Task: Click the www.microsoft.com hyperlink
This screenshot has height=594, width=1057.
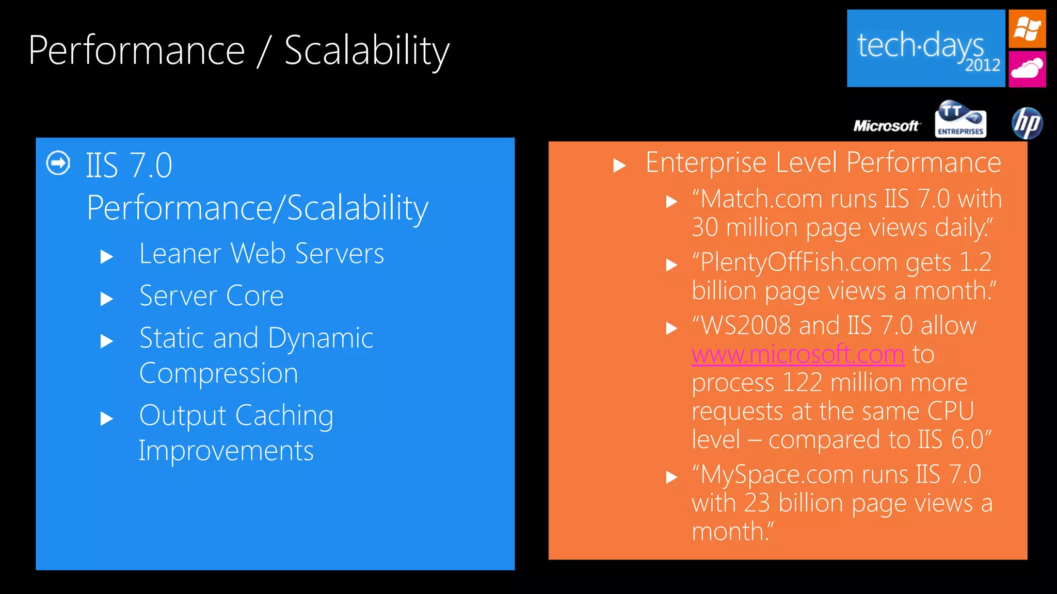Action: tap(798, 355)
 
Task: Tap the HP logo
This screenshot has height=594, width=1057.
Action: tap(1027, 124)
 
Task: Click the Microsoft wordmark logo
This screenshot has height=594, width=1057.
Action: tap(886, 126)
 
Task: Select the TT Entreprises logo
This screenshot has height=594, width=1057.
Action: tap(960, 120)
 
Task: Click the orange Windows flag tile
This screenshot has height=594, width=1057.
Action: tap(1027, 29)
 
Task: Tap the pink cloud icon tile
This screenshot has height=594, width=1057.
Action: tap(1027, 69)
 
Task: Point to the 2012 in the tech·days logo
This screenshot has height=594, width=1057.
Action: tap(983, 65)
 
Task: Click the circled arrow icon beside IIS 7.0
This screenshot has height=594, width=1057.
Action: tap(58, 163)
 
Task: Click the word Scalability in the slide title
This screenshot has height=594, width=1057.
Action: tap(367, 51)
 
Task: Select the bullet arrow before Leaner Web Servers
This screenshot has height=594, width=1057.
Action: tap(107, 256)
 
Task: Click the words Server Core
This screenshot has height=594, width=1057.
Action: tap(212, 296)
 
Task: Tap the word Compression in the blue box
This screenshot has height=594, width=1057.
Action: tap(219, 373)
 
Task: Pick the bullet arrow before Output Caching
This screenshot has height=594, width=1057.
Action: tap(107, 418)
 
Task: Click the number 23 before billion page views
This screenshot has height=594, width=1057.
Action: tap(757, 503)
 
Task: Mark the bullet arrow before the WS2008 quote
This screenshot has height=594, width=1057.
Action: tap(671, 328)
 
